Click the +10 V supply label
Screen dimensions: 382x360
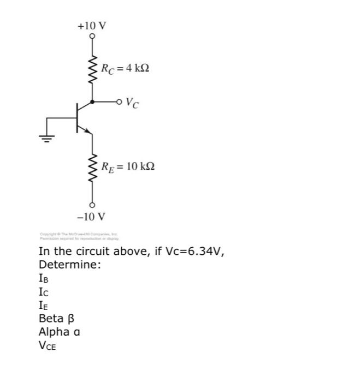pyautogui.click(x=92, y=26)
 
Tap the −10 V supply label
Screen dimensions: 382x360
pyautogui.click(x=91, y=216)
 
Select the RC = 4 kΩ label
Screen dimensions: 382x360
pyautogui.click(x=125, y=69)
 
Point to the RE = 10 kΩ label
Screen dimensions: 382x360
pyautogui.click(x=127, y=165)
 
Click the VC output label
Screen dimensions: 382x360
pyautogui.click(x=132, y=102)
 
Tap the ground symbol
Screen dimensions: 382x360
pyautogui.click(x=47, y=138)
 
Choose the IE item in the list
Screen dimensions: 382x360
pyautogui.click(x=44, y=305)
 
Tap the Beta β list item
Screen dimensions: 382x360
pyautogui.click(x=56, y=318)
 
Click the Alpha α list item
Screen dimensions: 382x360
pyautogui.click(x=60, y=331)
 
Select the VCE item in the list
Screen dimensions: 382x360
pyautogui.click(x=48, y=345)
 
